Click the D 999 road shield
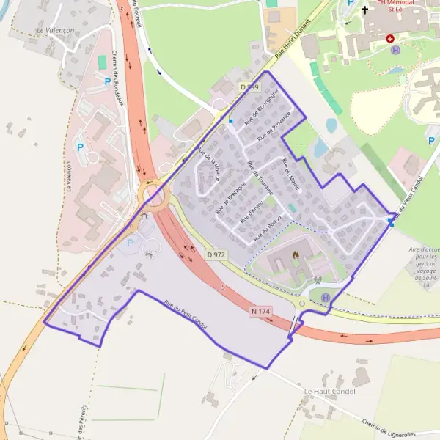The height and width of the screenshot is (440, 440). coord(249,87)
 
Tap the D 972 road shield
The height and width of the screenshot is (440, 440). coord(216,254)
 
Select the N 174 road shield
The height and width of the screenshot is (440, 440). coord(261,312)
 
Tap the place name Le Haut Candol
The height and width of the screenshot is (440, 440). coord(329,392)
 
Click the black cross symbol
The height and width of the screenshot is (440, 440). coord(364,10)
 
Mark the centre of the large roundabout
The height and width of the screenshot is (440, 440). coord(153,196)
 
